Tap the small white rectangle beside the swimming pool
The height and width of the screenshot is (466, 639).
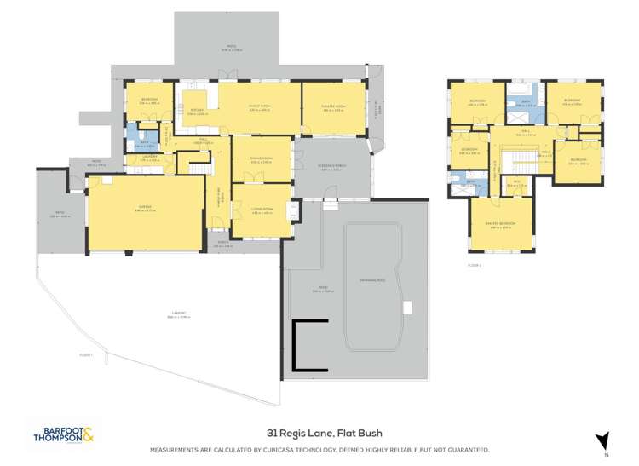coord(408,308)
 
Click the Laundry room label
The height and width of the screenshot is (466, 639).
coord(149,158)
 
